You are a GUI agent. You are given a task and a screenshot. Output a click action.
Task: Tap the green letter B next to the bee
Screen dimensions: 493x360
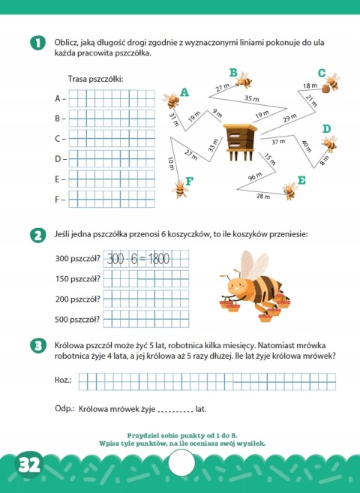[233, 73]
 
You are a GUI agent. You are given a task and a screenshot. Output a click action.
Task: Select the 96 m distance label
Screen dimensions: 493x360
[255, 176]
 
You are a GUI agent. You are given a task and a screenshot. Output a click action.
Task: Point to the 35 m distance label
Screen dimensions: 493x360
[252, 98]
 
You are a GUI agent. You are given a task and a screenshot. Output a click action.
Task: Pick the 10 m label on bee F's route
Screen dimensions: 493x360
[171, 162]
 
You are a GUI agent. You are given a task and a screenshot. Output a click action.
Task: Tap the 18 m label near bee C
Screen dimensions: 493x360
[310, 86]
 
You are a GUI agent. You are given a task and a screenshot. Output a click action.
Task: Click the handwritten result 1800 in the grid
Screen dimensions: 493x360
[157, 260]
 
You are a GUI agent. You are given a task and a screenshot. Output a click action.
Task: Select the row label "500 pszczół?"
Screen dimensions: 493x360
[77, 318]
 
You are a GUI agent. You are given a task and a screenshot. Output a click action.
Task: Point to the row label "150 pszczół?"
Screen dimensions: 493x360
[77, 279]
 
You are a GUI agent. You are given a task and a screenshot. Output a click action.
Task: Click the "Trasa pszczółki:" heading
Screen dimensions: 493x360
[95, 79]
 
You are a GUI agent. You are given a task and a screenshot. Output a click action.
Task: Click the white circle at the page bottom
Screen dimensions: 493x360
[181, 466]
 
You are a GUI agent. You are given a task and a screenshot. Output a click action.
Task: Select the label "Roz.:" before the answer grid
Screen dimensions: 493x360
[64, 381]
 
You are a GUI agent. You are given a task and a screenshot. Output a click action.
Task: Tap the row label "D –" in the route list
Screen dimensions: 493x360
[61, 159]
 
